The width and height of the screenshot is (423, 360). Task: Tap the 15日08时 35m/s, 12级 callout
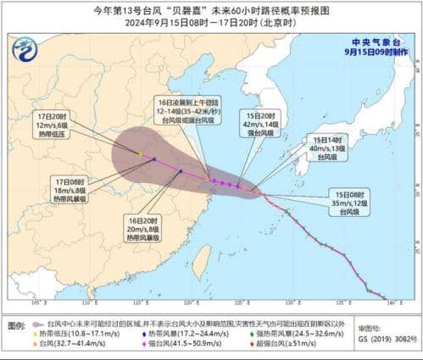(352, 204)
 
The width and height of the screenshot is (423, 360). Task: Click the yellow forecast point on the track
(140, 153)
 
